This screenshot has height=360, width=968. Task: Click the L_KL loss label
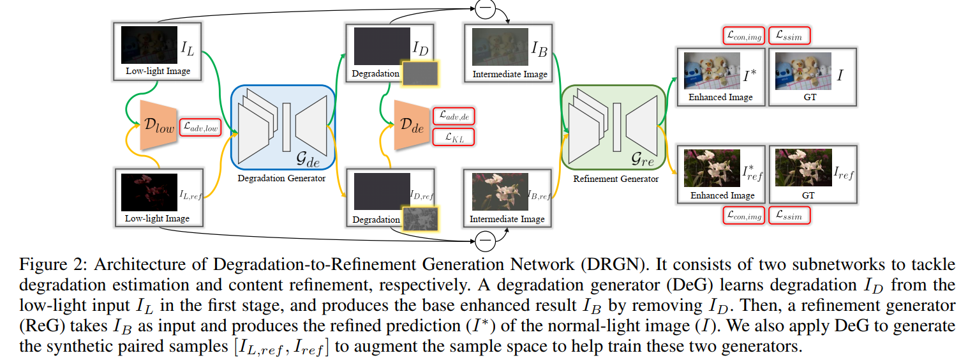[x=454, y=137]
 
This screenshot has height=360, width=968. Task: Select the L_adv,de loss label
[x=454, y=116]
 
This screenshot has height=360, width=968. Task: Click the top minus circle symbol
[x=484, y=8]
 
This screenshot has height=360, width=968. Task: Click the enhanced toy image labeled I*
[x=711, y=71]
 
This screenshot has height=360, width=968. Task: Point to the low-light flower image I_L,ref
[x=149, y=191]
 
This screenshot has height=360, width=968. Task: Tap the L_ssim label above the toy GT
[x=789, y=36]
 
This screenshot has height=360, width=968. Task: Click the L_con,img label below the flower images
[x=743, y=216]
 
